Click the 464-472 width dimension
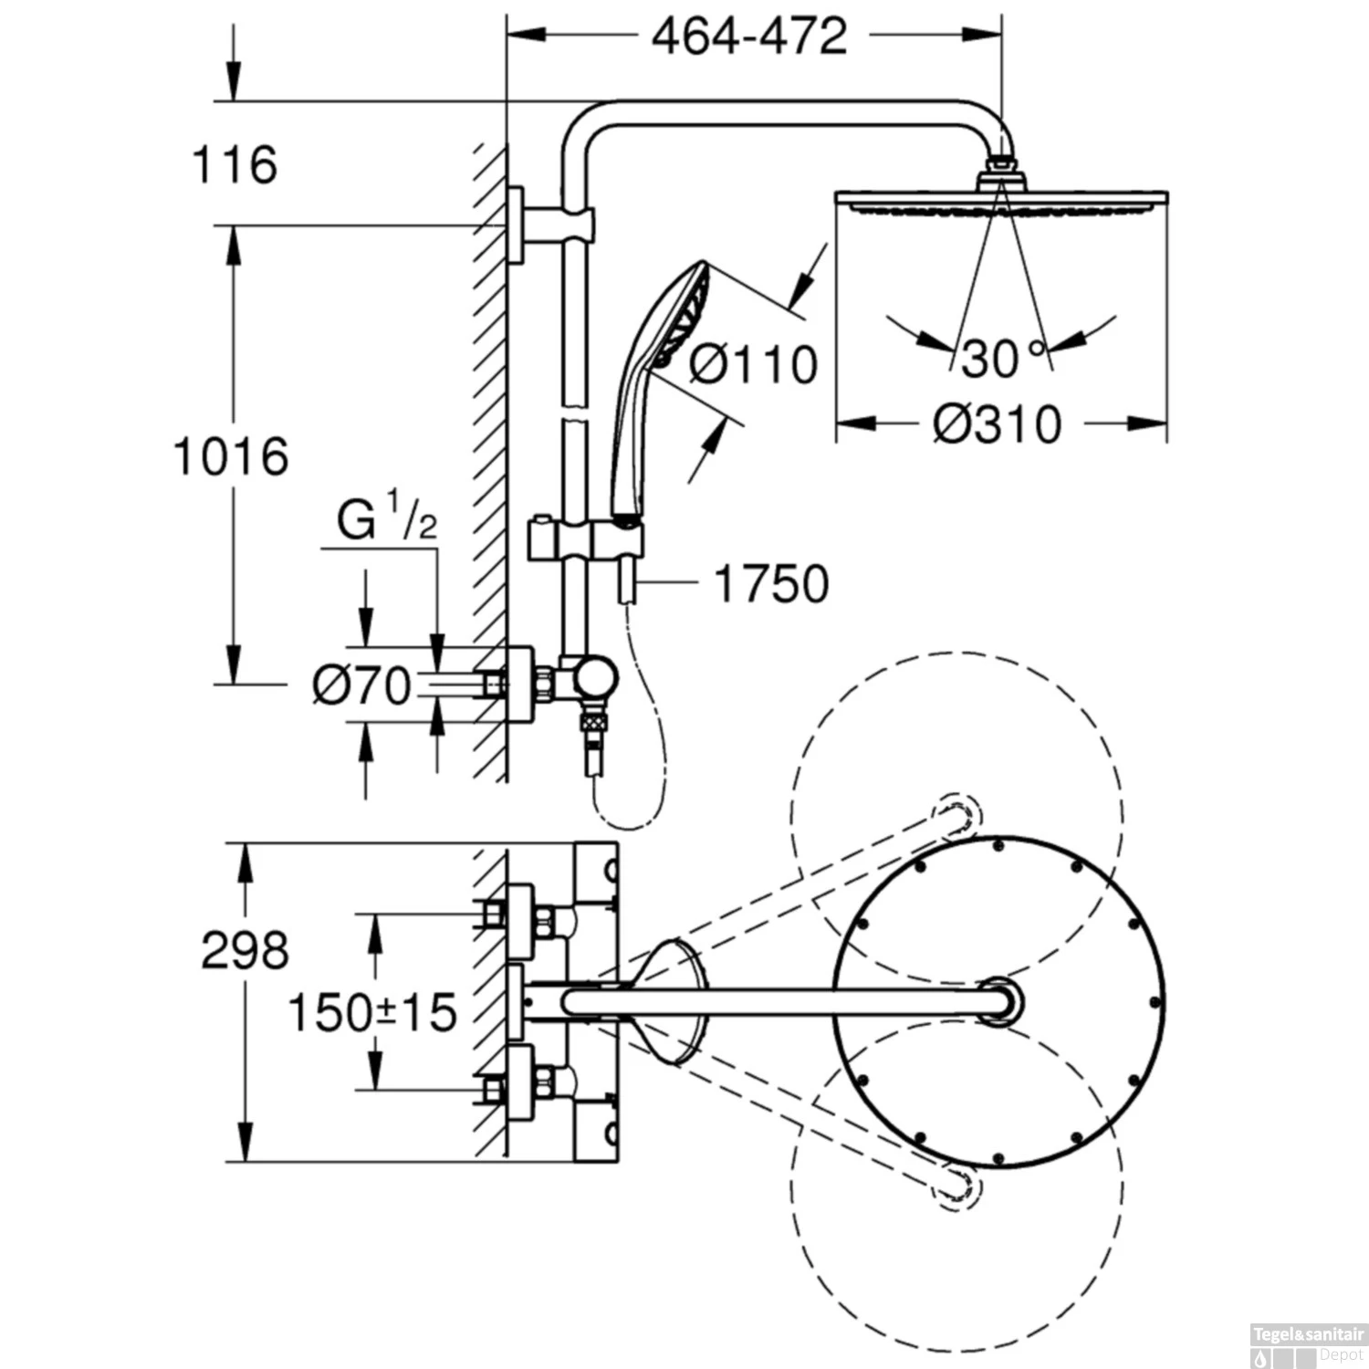coord(749,37)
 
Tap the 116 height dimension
coord(235,165)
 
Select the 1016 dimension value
coord(231,456)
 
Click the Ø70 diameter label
coord(361,685)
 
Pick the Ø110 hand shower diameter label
coord(753,364)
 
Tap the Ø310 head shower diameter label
coord(997,424)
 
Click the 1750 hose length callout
coord(771,584)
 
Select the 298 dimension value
coord(245,950)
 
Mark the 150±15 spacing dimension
coord(371,1012)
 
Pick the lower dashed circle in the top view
coord(956,1186)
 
